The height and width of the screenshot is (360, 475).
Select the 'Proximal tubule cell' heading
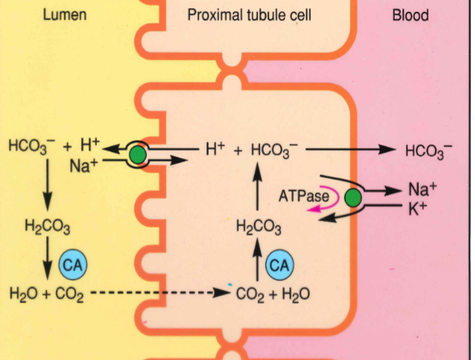point(249,14)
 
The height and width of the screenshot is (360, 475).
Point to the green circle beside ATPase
point(353,199)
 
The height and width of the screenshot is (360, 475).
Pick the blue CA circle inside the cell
point(279,265)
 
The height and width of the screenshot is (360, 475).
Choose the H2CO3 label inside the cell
point(258,227)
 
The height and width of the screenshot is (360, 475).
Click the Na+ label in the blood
point(419,190)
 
